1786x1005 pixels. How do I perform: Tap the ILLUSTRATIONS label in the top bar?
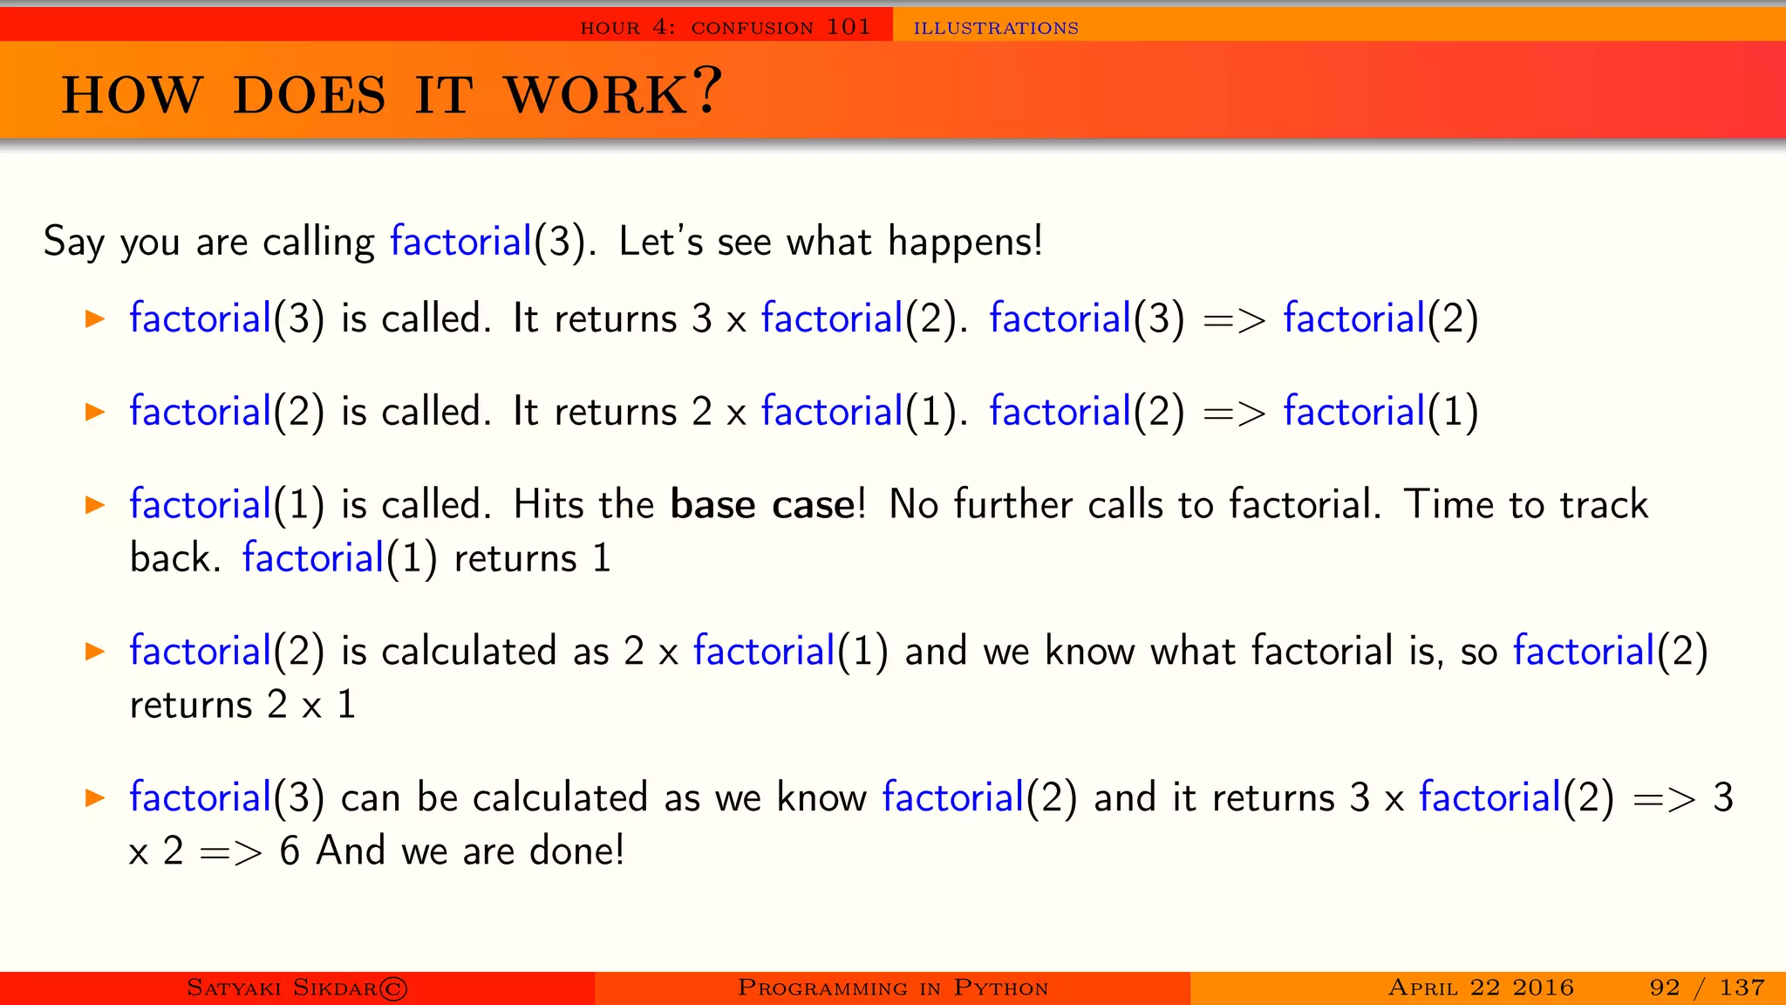[x=996, y=28]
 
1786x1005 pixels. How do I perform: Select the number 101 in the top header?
[x=849, y=27]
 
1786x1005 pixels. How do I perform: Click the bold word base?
[x=712, y=505]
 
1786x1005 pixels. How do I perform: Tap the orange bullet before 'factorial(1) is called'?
[x=95, y=505]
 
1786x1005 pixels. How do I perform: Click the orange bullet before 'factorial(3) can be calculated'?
[x=95, y=797]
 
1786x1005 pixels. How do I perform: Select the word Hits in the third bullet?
[x=548, y=505]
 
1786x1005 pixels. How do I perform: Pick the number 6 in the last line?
[x=290, y=851]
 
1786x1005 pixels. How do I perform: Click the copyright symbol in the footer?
[x=392, y=988]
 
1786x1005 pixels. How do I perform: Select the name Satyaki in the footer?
[x=234, y=988]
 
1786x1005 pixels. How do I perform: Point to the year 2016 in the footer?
[x=1543, y=988]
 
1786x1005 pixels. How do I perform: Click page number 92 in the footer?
[x=1664, y=988]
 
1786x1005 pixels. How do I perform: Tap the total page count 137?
[x=1742, y=988]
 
